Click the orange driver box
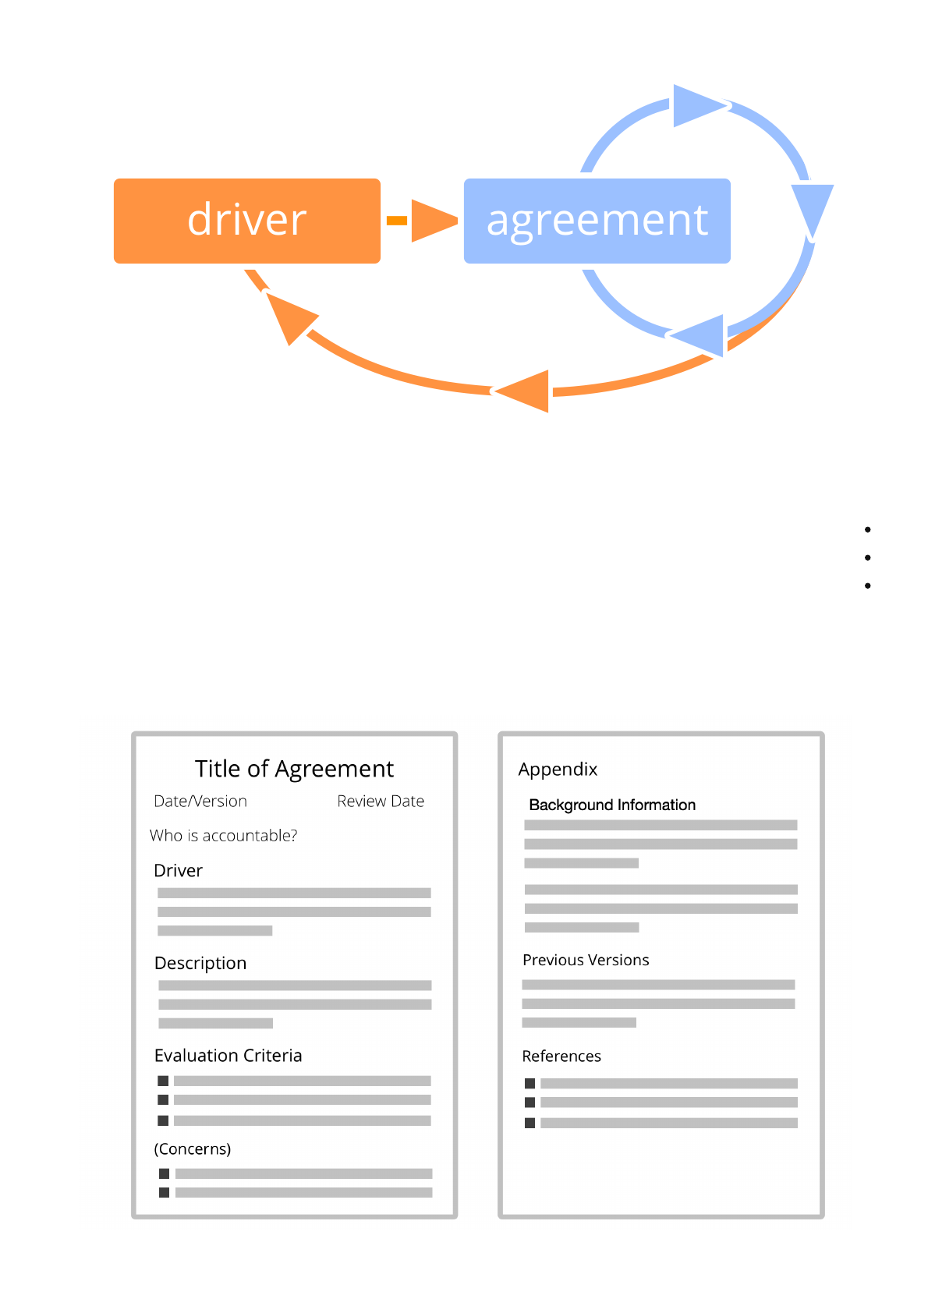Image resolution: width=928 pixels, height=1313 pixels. pos(247,221)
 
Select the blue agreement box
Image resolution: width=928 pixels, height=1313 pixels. pos(597,221)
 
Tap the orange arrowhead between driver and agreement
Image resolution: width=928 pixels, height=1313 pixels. pos(432,221)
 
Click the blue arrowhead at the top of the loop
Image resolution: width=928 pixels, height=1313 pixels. pos(696,106)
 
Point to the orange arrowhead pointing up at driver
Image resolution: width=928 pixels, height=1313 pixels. pos(289,317)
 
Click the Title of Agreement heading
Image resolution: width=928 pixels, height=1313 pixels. pos(294,769)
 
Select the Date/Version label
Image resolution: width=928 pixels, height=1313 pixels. pos(200,802)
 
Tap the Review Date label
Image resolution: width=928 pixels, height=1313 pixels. pos(381,802)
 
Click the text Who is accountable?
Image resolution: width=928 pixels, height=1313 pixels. pos(224,836)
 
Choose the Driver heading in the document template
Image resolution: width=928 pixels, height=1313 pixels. pos(178,871)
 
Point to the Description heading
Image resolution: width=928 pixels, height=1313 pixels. pos(200,964)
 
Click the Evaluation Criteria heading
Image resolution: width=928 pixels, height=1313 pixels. pos(228,1056)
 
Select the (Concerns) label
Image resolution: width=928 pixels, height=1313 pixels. pos(193,1149)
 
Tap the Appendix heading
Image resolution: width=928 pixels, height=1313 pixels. pos(558,770)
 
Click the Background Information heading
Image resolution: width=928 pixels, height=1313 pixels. pos(612,805)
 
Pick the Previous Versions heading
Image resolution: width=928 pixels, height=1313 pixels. pos(586,961)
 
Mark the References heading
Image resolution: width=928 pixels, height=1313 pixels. pos(561,1056)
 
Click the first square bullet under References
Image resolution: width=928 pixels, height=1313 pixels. pos(530,1084)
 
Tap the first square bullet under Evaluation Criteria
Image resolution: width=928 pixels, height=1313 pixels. pos(163,1081)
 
